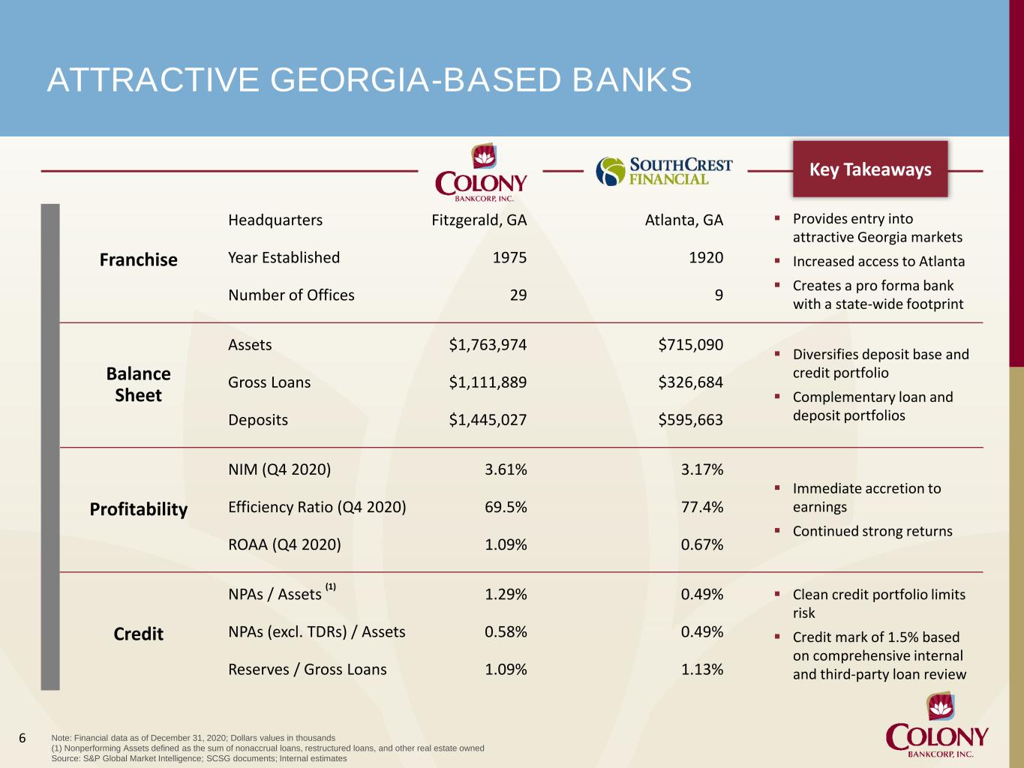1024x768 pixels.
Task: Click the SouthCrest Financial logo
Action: click(x=664, y=171)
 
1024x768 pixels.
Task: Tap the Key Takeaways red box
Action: click(x=870, y=169)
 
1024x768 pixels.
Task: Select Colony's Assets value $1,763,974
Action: click(x=488, y=344)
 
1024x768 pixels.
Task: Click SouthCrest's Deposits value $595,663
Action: click(x=690, y=420)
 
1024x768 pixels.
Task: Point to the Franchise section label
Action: click(x=139, y=259)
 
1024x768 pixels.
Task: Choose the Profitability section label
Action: click(x=139, y=509)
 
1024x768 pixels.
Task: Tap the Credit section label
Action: click(x=139, y=634)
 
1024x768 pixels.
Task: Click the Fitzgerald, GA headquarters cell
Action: click(x=479, y=220)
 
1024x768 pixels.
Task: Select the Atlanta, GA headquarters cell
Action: click(x=684, y=220)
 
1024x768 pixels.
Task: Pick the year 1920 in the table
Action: click(x=706, y=257)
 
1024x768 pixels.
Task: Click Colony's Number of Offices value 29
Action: click(x=518, y=295)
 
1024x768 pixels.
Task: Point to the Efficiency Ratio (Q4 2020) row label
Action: click(x=317, y=507)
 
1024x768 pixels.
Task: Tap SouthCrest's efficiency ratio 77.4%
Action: click(x=702, y=507)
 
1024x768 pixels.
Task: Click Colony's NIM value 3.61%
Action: click(x=506, y=469)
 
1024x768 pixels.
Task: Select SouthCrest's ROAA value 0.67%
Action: click(x=702, y=544)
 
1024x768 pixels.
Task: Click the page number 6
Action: click(x=22, y=738)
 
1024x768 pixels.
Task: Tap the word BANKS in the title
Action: click(x=632, y=79)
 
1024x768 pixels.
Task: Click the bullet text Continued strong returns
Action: click(x=872, y=531)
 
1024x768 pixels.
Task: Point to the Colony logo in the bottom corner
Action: click(x=937, y=725)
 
